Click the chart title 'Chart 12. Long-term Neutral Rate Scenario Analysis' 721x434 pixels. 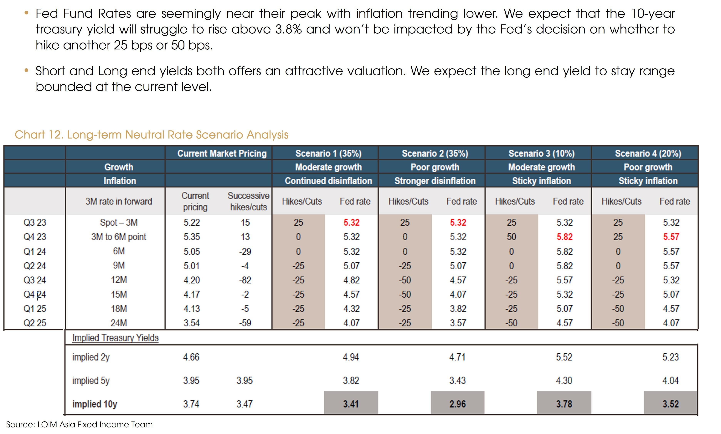pyautogui.click(x=151, y=135)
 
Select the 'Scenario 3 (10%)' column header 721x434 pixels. pyautogui.click(x=541, y=153)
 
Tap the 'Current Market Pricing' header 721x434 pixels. pyautogui.click(x=222, y=153)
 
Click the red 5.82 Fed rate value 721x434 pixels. pyautogui.click(x=564, y=237)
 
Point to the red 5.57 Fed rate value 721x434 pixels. pyautogui.click(x=671, y=237)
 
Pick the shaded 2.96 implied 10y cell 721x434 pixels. pyautogui.click(x=457, y=404)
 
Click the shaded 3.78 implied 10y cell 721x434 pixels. pyautogui.click(x=564, y=404)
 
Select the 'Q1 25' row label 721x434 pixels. pyautogui.click(x=35, y=309)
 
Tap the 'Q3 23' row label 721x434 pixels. pyautogui.click(x=35, y=223)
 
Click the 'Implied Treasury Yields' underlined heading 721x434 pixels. pyautogui.click(x=115, y=338)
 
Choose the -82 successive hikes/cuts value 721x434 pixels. pyautogui.click(x=245, y=280)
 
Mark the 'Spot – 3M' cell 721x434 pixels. pyautogui.click(x=119, y=223)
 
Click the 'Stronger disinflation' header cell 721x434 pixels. pyautogui.click(x=435, y=181)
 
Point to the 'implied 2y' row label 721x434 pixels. pyautogui.click(x=91, y=357)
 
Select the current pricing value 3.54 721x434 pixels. pyautogui.click(x=192, y=323)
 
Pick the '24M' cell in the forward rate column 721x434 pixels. pyautogui.click(x=119, y=323)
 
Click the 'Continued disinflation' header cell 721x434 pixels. pyautogui.click(x=328, y=181)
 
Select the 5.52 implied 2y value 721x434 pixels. pyautogui.click(x=564, y=357)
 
